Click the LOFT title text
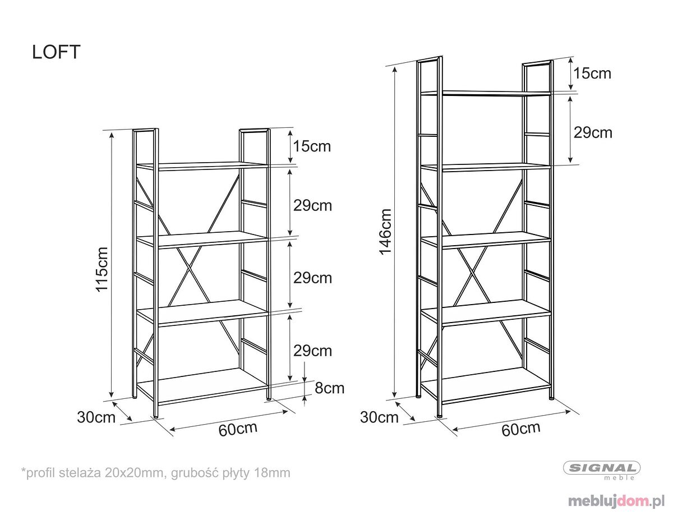coord(56,52)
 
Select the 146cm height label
coord(385,232)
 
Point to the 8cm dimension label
coord(329,388)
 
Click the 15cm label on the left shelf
coord(312,146)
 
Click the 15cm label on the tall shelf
coord(592,73)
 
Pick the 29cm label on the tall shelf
coord(593,133)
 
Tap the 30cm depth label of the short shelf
coord(96,417)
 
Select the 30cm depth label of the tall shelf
coord(379,417)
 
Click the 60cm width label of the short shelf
coord(238,429)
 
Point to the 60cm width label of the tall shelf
coord(520,429)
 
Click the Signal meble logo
coord(602,470)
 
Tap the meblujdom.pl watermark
coord(616,501)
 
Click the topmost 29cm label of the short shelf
coord(312,205)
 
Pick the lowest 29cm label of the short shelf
coord(312,351)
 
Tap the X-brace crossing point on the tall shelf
coord(471,270)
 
